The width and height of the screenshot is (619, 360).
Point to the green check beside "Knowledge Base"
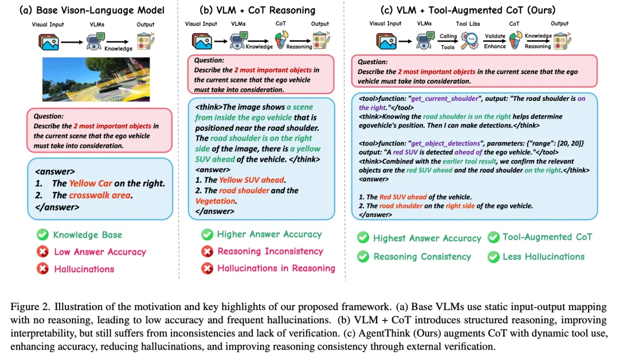(41, 234)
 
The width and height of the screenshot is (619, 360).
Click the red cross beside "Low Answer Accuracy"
(41, 252)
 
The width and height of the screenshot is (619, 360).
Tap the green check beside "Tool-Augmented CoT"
(493, 237)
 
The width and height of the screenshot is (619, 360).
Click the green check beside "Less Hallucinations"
(493, 257)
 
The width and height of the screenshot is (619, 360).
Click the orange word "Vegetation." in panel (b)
(216, 201)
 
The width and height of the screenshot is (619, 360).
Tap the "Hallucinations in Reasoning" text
(276, 268)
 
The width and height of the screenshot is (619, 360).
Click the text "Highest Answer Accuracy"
(427, 238)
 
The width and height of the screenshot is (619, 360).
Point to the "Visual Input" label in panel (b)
(201, 24)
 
